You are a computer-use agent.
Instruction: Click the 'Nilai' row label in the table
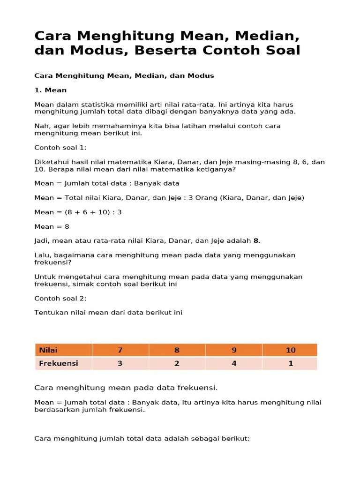[49, 350]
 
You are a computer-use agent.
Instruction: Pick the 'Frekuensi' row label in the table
[59, 363]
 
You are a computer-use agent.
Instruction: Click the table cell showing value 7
[120, 350]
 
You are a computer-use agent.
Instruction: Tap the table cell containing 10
[290, 350]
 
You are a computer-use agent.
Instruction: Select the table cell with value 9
[234, 350]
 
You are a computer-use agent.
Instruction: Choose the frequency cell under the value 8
[177, 363]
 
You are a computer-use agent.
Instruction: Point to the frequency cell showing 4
[234, 363]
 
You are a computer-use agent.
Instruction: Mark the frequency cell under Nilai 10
[290, 363]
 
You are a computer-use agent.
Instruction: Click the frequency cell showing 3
[120, 363]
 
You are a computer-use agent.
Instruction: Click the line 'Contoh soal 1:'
[60, 148]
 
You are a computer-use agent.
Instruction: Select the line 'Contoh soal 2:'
[60, 298]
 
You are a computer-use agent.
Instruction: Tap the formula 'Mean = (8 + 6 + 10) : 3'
[78, 212]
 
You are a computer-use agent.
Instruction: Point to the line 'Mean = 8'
[52, 226]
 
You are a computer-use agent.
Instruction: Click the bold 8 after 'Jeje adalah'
[256, 241]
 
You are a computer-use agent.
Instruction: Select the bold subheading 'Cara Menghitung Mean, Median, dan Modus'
[124, 75]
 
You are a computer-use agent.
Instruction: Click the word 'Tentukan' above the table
[50, 313]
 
